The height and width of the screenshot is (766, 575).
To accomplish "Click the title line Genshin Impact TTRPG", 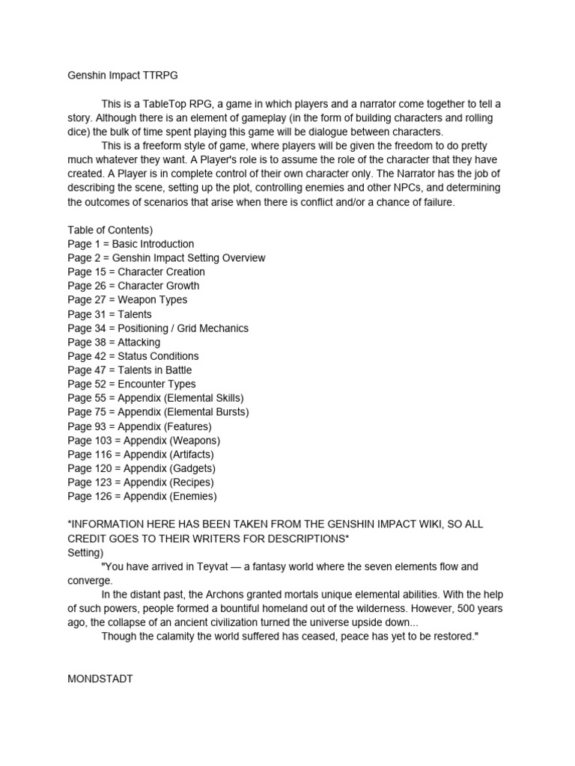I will pyautogui.click(x=123, y=75).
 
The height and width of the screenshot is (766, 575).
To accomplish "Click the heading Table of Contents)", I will pyautogui.click(x=110, y=230).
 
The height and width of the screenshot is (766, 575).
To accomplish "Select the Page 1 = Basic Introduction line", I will pyautogui.click(x=130, y=244).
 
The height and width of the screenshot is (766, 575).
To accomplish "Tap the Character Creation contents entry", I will pyautogui.click(x=136, y=272).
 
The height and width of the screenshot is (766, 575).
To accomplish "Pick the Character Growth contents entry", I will pyautogui.click(x=133, y=286).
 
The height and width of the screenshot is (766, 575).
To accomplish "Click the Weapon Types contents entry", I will pyautogui.click(x=127, y=300).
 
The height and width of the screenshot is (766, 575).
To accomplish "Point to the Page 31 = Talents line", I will pyautogui.click(x=109, y=314).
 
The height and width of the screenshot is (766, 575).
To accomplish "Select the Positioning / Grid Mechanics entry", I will pyautogui.click(x=158, y=328).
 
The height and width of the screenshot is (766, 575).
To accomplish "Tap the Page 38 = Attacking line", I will pyautogui.click(x=114, y=342).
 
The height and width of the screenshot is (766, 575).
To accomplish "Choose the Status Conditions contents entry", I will pyautogui.click(x=133, y=356).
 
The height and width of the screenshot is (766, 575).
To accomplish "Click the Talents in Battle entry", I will pyautogui.click(x=130, y=370).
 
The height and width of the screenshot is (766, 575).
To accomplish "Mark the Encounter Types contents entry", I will pyautogui.click(x=132, y=384).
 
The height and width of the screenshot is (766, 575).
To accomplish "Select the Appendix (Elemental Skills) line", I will pyautogui.click(x=156, y=398).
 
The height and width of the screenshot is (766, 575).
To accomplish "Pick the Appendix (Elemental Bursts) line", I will pyautogui.click(x=158, y=412).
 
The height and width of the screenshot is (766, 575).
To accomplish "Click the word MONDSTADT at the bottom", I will pyautogui.click(x=100, y=678).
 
